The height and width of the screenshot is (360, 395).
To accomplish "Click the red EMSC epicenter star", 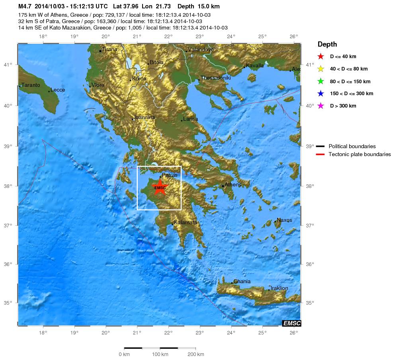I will [x=160, y=187].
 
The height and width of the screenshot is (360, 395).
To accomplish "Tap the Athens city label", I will [x=233, y=185].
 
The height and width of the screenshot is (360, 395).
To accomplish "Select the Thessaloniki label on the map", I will [x=215, y=78].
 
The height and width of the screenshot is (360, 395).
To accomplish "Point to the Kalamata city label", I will [x=185, y=223].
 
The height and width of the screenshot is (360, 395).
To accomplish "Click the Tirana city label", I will [x=110, y=49].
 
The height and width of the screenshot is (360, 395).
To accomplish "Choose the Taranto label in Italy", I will [x=31, y=85].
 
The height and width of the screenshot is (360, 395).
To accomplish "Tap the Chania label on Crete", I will [x=242, y=282].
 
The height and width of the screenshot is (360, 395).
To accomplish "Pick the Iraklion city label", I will [x=279, y=288].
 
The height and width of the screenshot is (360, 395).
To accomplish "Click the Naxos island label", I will [x=284, y=220].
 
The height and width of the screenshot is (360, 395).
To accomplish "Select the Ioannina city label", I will [x=145, y=117].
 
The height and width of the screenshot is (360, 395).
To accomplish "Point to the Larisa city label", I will [x=190, y=119].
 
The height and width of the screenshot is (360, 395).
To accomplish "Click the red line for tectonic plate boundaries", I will [x=321, y=155].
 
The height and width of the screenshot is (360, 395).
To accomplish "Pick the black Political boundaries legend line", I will [x=321, y=147].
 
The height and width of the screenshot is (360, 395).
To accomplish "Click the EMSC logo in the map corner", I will [x=291, y=323].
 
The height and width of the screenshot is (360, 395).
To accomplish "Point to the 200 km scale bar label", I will [x=196, y=354].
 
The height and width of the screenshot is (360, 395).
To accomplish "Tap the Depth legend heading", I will [x=327, y=44].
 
